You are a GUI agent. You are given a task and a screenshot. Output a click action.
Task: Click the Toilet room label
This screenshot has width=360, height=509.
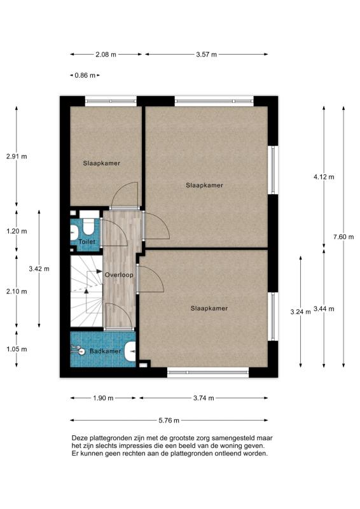click(x=87, y=242)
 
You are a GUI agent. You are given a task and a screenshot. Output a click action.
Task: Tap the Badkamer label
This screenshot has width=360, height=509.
click(x=106, y=351)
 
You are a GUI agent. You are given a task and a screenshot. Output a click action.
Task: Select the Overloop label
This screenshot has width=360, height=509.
click(x=119, y=275)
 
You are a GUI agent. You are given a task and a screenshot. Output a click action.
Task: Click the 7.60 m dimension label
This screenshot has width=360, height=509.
click(x=343, y=237)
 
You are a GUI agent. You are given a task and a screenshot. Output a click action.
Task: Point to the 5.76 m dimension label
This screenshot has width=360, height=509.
click(x=169, y=421)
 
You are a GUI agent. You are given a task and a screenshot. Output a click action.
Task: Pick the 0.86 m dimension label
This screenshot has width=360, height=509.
click(x=85, y=75)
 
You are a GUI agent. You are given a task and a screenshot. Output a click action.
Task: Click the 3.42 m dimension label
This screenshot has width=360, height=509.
click(x=39, y=268)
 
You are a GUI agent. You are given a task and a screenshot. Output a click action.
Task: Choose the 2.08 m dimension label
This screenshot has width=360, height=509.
click(x=106, y=55)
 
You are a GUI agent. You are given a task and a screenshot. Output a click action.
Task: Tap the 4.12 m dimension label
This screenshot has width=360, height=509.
click(x=324, y=177)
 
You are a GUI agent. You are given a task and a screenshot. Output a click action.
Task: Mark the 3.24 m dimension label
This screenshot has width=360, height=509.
click(x=300, y=312)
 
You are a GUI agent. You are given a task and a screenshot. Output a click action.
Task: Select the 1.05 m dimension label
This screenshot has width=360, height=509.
click(x=17, y=349)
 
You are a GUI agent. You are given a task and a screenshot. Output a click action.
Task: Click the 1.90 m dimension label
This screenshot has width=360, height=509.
click(x=103, y=398)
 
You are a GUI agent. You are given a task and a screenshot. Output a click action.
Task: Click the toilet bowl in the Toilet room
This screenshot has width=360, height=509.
click(x=88, y=227)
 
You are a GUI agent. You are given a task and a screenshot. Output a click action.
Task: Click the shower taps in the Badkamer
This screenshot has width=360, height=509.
click(x=78, y=349)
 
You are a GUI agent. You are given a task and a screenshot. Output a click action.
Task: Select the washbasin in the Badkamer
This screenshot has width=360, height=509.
click(x=130, y=351)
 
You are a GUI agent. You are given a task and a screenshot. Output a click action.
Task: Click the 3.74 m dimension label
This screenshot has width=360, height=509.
click(x=204, y=398)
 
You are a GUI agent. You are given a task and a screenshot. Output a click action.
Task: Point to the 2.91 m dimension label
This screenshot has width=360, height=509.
click(x=17, y=156)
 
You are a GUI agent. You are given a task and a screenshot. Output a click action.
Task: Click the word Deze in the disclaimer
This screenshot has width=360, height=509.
click(x=80, y=438)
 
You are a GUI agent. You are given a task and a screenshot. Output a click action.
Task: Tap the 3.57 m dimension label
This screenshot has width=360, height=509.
click(x=206, y=55)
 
